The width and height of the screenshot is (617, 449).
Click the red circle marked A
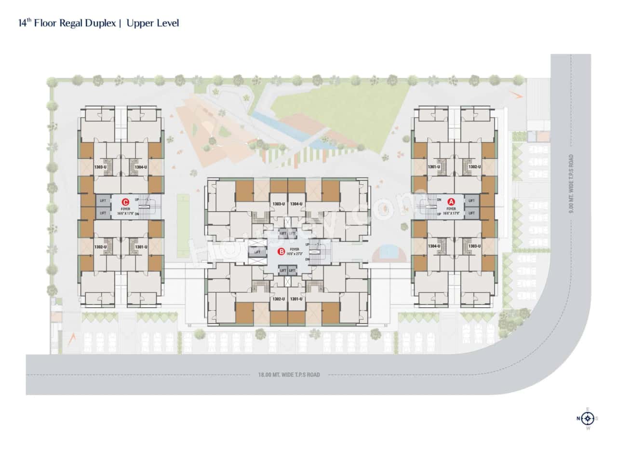tap(451, 201)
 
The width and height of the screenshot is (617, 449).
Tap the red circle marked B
tap(281, 251)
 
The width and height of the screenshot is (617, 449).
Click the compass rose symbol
tap(587, 418)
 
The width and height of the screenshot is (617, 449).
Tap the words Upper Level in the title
tap(153, 23)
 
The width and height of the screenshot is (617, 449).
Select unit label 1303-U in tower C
tap(100, 167)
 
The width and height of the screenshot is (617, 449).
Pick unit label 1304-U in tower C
tap(141, 167)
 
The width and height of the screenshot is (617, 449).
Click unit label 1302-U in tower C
tap(100, 246)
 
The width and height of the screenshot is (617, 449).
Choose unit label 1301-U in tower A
tap(434, 167)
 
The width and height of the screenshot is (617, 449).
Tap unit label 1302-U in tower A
tap(474, 167)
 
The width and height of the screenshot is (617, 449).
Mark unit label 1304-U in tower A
tap(434, 246)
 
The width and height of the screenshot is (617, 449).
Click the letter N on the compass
tap(578, 418)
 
